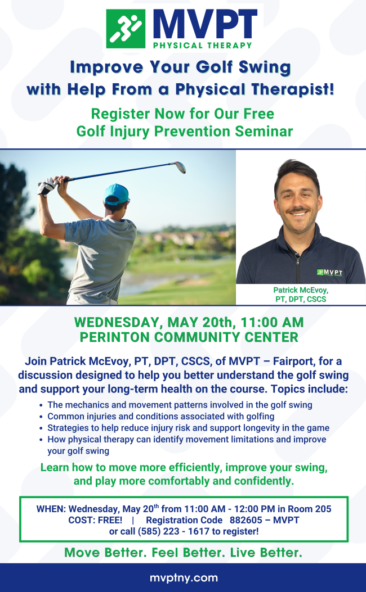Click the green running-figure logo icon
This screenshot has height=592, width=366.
point(126,29)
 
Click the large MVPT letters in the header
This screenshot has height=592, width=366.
point(206,25)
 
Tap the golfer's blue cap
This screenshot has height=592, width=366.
point(117,194)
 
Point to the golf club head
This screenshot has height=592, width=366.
point(180,167)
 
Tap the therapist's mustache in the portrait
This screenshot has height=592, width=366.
point(298,210)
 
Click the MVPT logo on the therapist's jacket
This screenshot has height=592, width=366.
point(330,273)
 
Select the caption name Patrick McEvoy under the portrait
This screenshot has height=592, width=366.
point(301,290)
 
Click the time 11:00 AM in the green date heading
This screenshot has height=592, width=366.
point(272,322)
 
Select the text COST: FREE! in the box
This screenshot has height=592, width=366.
point(95,520)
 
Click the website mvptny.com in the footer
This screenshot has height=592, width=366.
point(184,578)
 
